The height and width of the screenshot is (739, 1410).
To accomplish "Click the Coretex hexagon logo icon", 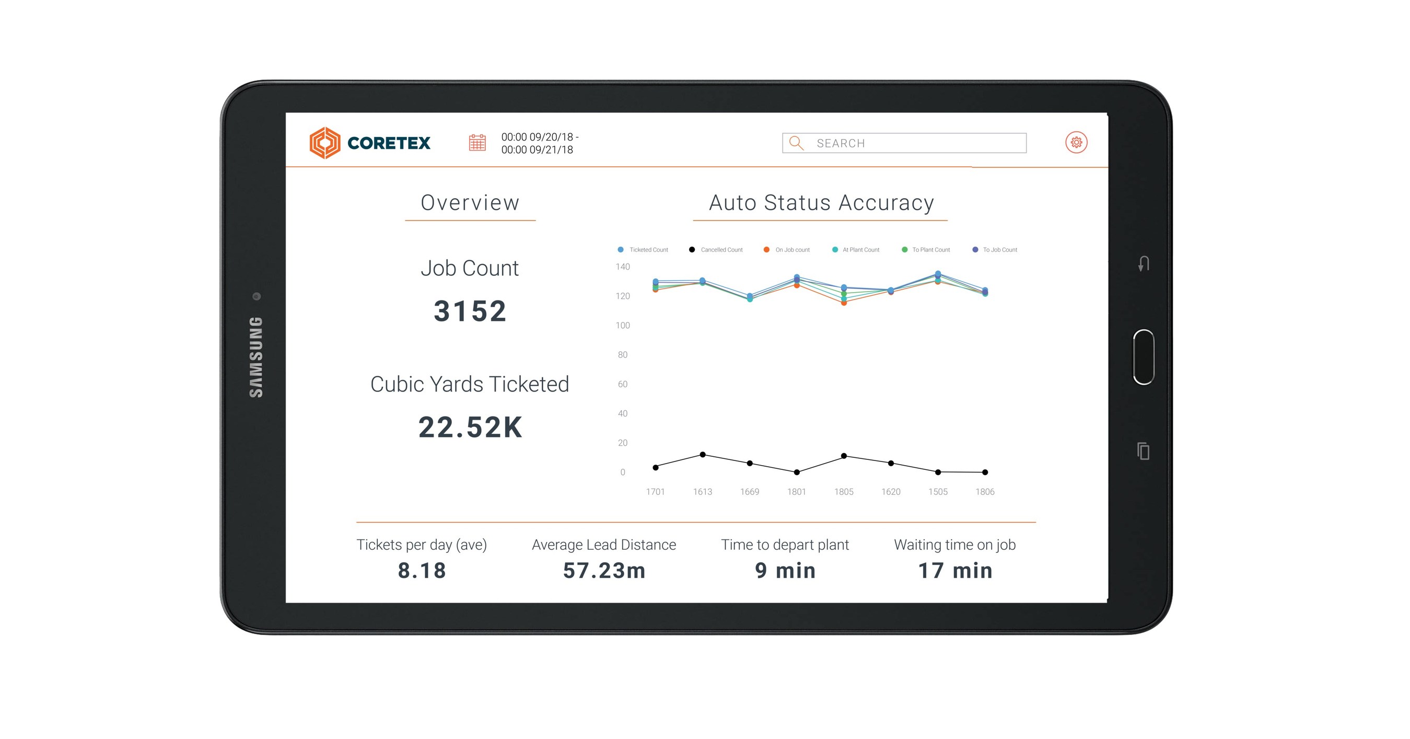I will point(325,143).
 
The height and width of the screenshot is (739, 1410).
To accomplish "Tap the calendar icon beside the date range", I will point(477,143).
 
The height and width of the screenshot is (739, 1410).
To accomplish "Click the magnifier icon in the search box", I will point(796,143).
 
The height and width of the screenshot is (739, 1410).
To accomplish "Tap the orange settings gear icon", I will point(1076,143).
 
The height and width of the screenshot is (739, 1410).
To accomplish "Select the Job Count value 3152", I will point(470,311).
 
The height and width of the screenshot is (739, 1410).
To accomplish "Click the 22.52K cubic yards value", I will point(470,428).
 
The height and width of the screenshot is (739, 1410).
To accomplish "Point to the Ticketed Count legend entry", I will point(643,250).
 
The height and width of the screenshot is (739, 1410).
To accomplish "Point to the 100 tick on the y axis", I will point(623,326).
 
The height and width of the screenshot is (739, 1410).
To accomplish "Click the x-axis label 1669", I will point(749,492).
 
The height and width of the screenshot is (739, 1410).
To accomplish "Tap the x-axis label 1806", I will point(985,492).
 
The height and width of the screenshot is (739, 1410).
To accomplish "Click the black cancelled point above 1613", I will point(703,455).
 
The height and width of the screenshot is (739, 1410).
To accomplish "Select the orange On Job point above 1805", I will point(844,303).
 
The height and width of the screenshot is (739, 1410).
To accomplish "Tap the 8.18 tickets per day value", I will point(422,570).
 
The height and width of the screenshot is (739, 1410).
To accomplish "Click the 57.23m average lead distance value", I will point(604,570).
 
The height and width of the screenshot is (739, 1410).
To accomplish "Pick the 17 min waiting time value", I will point(954,570).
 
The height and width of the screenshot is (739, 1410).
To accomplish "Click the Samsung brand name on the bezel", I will point(256,357).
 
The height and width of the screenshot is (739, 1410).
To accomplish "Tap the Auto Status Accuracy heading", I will point(821,203).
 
